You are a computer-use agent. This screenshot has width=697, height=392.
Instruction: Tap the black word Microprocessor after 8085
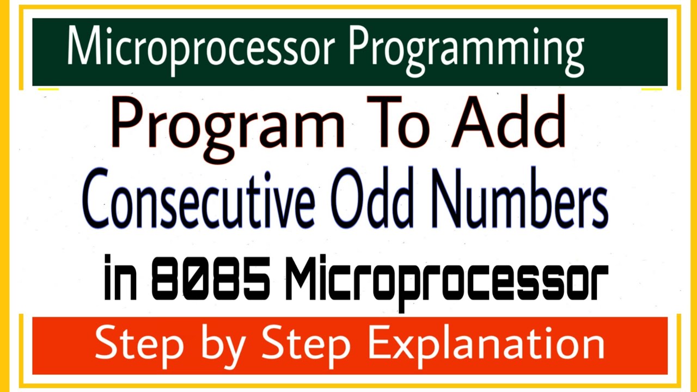click(445, 283)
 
